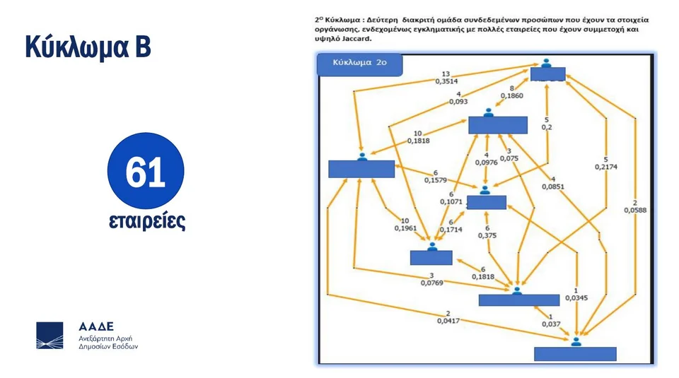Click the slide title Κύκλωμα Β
click(x=88, y=47)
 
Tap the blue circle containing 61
click(x=146, y=174)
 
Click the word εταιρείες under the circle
click(x=146, y=220)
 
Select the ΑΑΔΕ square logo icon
click(x=50, y=336)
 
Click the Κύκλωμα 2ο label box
click(x=360, y=64)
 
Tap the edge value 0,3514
click(x=446, y=81)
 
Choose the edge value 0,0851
click(x=553, y=187)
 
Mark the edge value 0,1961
click(x=405, y=228)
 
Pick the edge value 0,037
click(x=551, y=325)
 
